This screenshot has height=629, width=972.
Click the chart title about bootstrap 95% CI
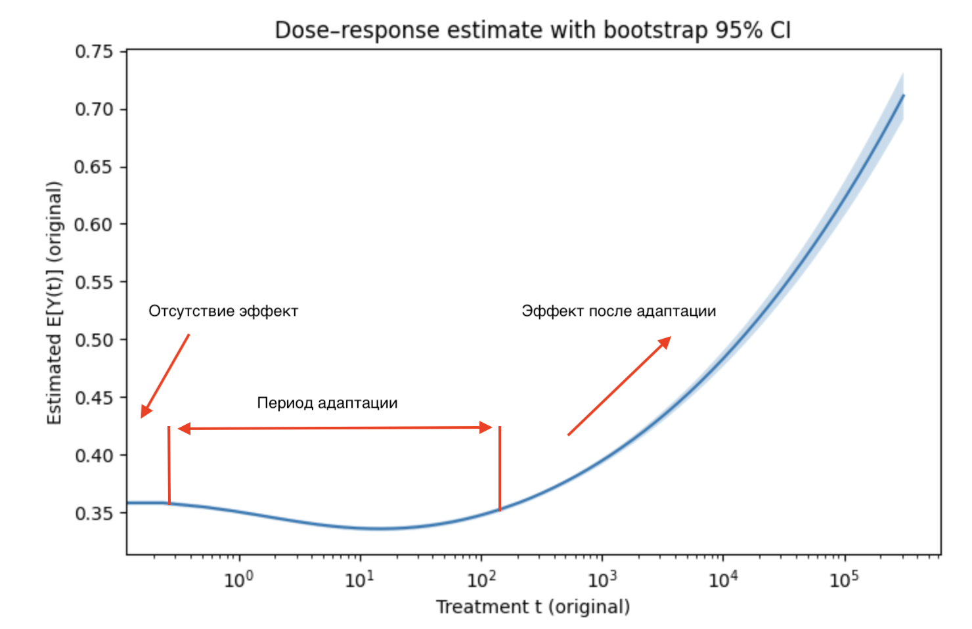click(x=532, y=30)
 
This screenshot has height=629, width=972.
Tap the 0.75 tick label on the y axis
click(x=93, y=51)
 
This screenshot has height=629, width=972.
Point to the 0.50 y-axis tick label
click(x=93, y=340)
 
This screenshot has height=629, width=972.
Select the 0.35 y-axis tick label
click(x=93, y=513)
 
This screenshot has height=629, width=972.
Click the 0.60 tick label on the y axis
click(x=93, y=225)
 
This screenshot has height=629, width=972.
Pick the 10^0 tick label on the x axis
click(x=238, y=580)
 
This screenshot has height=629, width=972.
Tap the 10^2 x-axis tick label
click(x=481, y=580)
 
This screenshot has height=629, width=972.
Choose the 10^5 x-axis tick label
click(x=844, y=580)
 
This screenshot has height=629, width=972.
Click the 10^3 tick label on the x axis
click(x=602, y=580)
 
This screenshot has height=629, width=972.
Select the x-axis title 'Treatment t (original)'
click(x=533, y=607)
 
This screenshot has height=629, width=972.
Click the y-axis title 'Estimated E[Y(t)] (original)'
click(x=55, y=303)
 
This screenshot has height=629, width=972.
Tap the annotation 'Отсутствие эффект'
click(x=223, y=311)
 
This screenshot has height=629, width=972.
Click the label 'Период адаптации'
click(x=327, y=402)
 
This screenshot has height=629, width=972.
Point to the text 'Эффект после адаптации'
click(x=619, y=311)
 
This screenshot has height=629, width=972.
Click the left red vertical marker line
click(x=169, y=465)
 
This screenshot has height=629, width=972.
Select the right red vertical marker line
click(x=500, y=468)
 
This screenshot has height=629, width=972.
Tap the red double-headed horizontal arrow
click(x=335, y=428)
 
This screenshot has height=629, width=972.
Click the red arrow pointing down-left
click(x=166, y=376)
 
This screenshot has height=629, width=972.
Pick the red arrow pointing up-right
click(x=619, y=386)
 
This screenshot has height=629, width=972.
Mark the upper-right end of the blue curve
click(x=903, y=96)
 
